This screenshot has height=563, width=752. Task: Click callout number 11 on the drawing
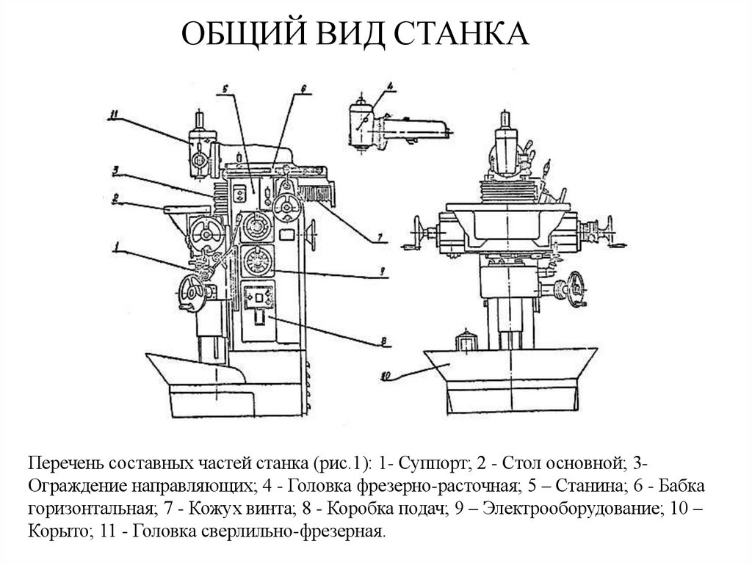(113, 114)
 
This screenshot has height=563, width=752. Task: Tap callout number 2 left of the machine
(115, 197)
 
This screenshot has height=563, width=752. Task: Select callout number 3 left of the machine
(115, 170)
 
